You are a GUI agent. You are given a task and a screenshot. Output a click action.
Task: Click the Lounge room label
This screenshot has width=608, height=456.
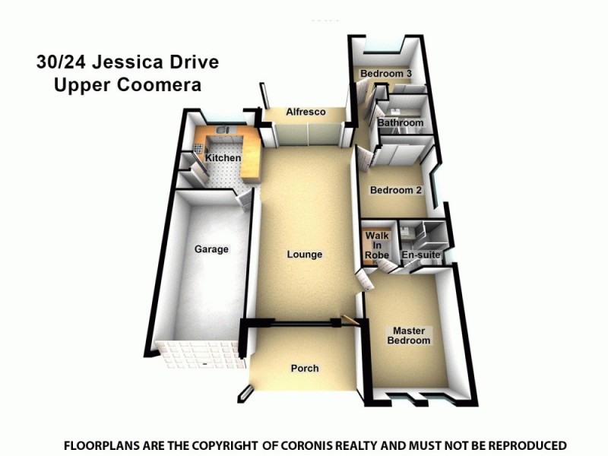pos(305,255)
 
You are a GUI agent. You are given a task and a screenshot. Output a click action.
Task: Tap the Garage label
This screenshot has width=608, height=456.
pos(211,249)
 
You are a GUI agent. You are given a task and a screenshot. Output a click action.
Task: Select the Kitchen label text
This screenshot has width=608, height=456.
pos(223,158)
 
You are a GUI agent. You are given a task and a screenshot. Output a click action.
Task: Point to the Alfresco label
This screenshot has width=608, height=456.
pos(306,112)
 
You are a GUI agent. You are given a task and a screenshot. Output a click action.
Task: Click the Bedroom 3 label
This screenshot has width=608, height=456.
pos(386,73)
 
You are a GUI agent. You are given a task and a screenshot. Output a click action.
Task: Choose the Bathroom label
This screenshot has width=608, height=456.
pos(401,123)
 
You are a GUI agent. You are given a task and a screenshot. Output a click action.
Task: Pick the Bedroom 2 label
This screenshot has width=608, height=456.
pos(395,191)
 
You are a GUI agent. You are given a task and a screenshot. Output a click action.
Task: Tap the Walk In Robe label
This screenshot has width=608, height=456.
pos(377,245)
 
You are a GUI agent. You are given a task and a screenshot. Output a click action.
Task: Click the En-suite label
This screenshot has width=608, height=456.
pos(420,255)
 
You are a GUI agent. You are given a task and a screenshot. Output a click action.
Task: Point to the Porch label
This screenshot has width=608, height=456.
pos(305,369)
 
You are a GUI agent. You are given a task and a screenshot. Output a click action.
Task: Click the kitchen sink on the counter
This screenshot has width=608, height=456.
pos(223,131)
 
